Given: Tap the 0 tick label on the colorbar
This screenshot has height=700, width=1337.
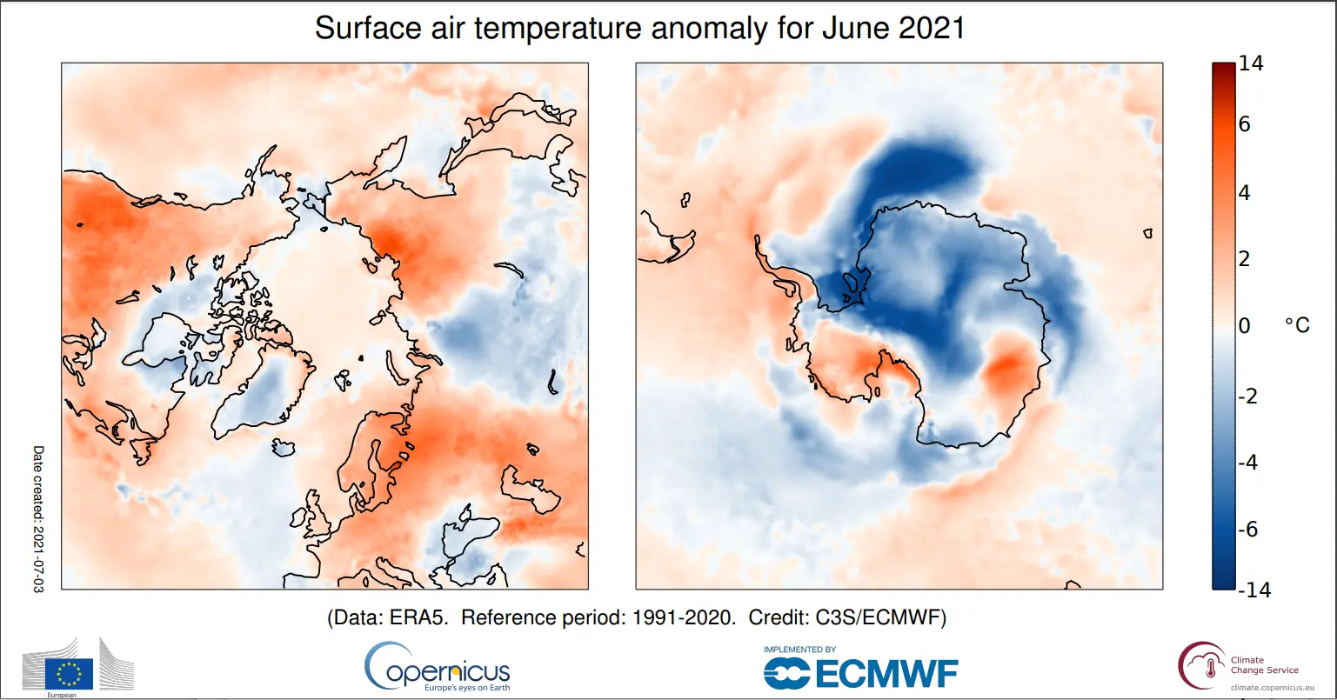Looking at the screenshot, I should point(1245,326).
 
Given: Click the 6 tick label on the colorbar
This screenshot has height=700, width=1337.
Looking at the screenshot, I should point(1245,124).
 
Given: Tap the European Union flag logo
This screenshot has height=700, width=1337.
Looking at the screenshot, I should point(70,672).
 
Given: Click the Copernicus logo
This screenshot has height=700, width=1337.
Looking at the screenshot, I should point(438,670).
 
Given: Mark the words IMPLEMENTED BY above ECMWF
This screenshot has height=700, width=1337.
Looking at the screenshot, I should point(799,650).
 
